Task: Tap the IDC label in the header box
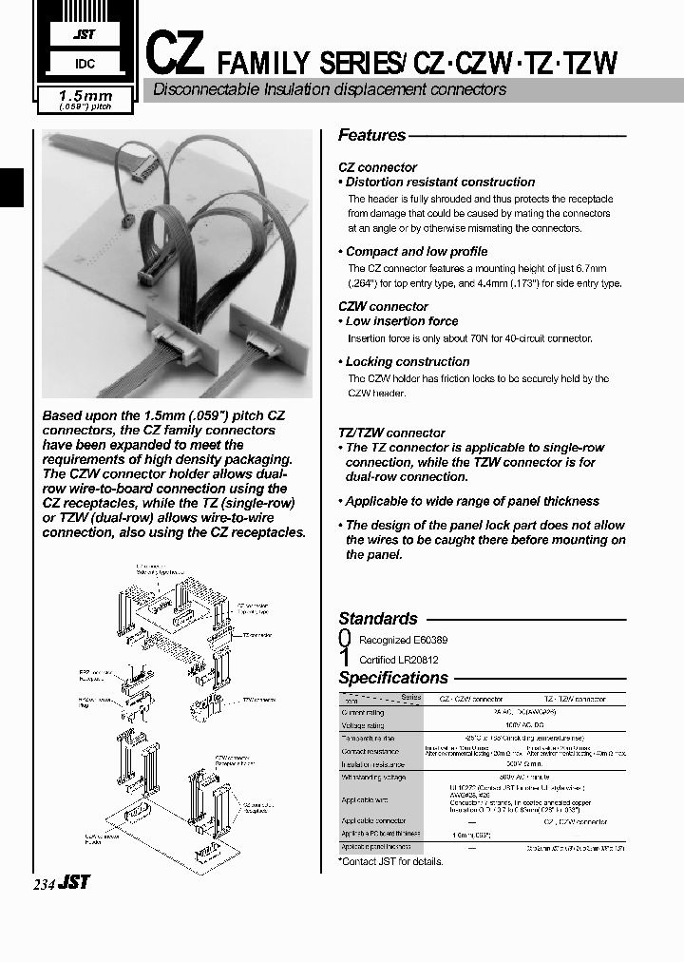pos(83,65)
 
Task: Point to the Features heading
pos(371,136)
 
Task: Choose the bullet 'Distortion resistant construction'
pos(440,182)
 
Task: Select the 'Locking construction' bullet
pos(408,361)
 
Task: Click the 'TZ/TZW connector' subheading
pos(391,432)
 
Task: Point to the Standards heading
pos(377,619)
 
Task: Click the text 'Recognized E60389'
pos(399,641)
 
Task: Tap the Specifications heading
pos(392,678)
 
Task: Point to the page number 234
pos(45,883)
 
